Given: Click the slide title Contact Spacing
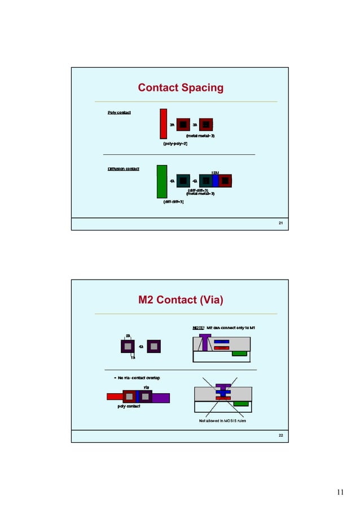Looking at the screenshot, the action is click(181, 88).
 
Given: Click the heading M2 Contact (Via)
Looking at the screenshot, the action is click(181, 299).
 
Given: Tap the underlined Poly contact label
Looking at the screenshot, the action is click(119, 113).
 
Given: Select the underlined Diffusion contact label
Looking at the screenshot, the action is click(124, 168).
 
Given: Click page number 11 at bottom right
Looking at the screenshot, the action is click(340, 492).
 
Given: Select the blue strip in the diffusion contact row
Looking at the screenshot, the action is click(215, 181).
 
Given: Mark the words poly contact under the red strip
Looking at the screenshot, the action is click(129, 407).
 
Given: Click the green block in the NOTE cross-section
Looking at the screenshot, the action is click(240, 354).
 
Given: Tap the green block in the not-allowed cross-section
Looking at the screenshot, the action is click(242, 403).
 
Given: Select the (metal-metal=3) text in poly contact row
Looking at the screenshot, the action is click(200, 136).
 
